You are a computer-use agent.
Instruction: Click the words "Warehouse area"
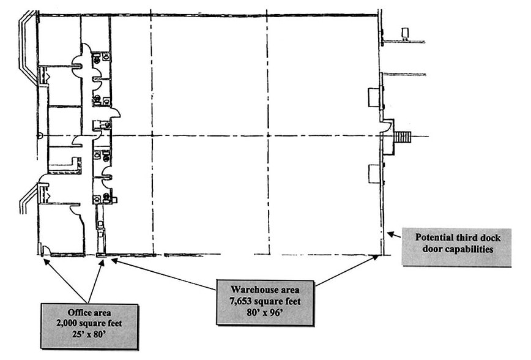point(264,288)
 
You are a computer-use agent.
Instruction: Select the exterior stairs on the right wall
point(403,136)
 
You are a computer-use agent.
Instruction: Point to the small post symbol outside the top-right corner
point(404,33)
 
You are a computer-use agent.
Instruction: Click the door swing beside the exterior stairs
point(387,126)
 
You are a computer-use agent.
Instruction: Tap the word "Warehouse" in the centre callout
point(251,288)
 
